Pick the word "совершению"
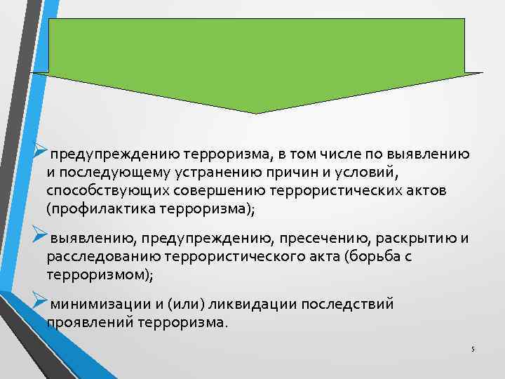point(210,191)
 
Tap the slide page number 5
point(473,350)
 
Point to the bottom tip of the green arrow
point(257,112)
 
